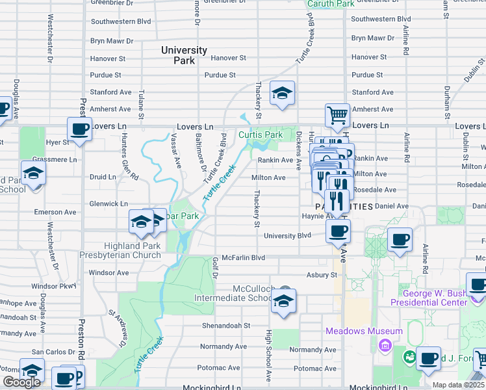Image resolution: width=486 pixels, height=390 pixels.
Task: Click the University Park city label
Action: pyautogui.click(x=184, y=55)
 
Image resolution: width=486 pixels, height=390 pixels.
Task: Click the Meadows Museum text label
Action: pyautogui.click(x=364, y=331)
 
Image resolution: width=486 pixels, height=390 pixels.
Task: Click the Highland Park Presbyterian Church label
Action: pyautogui.click(x=133, y=250)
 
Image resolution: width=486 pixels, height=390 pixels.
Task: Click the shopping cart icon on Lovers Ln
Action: pyautogui.click(x=337, y=116)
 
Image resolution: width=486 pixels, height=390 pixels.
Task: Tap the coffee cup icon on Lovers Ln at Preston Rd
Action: pyautogui.click(x=79, y=129)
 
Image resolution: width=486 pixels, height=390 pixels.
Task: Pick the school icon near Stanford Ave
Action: pyautogui.click(x=283, y=93)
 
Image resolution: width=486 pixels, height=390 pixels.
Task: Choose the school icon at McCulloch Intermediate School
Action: pyautogui.click(x=283, y=301)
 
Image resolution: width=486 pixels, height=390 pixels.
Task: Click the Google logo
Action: pyautogui.click(x=21, y=382)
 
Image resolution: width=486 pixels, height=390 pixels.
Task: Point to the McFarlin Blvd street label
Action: pyautogui.click(x=243, y=258)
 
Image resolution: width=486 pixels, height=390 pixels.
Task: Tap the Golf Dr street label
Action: pyautogui.click(x=215, y=265)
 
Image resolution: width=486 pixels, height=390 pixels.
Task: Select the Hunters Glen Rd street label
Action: pyautogui.click(x=133, y=166)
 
